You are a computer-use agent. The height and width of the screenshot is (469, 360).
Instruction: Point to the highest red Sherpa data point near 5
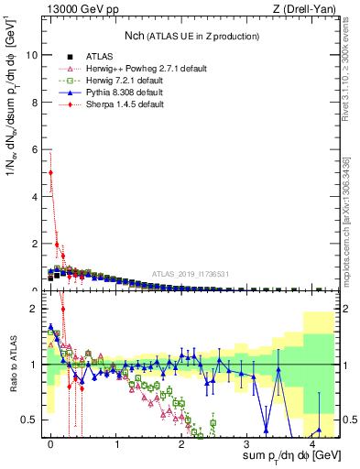(x=51, y=172)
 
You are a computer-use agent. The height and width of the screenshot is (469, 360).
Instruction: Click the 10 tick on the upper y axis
(x=33, y=54)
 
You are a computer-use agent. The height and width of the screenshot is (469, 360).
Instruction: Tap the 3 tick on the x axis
(x=248, y=443)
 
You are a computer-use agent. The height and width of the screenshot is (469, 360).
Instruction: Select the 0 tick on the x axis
(x=51, y=443)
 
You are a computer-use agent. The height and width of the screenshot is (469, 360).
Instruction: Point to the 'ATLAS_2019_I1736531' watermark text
(x=191, y=274)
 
